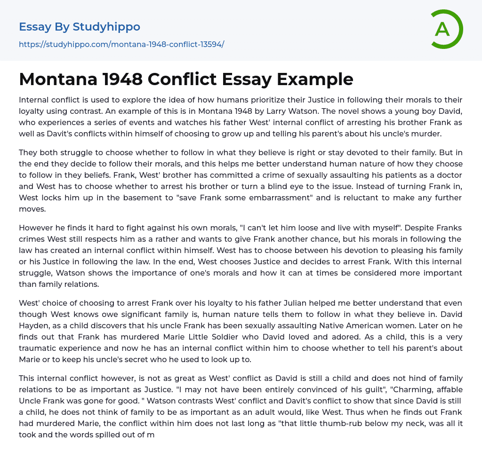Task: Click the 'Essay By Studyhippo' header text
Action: coord(80,27)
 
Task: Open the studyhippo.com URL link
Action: coord(121,44)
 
